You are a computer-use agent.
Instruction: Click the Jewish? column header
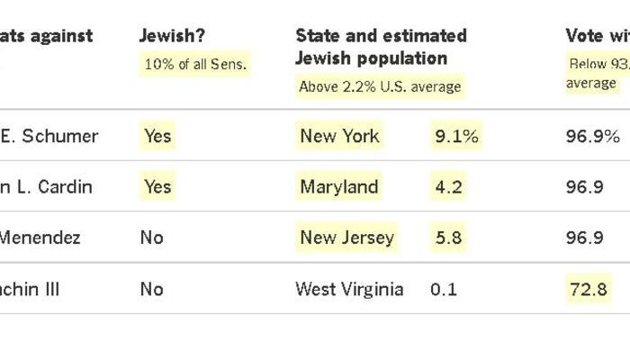[x=172, y=36]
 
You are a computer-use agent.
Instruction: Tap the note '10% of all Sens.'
[x=195, y=64]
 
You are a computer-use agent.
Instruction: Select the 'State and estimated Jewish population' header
[x=381, y=47]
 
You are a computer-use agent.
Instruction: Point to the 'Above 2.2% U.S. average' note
[x=380, y=86]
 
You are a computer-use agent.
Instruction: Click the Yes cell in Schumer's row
[x=157, y=136]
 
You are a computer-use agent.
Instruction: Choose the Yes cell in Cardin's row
[x=157, y=187]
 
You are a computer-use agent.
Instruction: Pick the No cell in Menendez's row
[x=151, y=238]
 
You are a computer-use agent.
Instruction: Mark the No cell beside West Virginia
[x=151, y=289]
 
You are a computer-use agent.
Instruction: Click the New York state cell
[x=340, y=136]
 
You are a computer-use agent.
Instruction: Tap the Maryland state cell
[x=339, y=187]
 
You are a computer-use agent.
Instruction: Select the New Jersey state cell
[x=346, y=238]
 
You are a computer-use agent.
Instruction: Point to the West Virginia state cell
[x=349, y=289]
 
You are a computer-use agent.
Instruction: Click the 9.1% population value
[x=456, y=136]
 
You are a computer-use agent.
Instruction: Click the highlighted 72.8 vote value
[x=589, y=289]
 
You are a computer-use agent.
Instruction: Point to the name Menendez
[x=40, y=238]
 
